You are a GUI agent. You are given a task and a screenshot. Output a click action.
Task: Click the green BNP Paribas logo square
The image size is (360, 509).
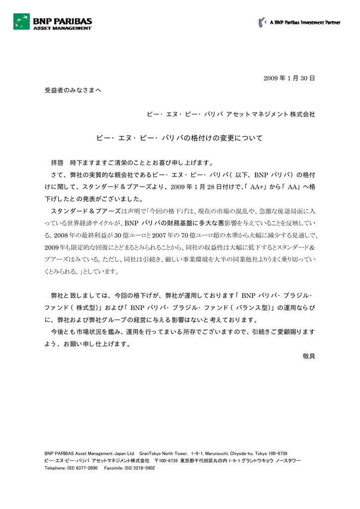point(21,21)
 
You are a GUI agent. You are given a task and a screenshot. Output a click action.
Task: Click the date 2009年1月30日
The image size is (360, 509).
point(289,79)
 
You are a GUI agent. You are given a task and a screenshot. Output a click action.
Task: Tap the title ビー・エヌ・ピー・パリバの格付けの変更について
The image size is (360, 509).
point(179,138)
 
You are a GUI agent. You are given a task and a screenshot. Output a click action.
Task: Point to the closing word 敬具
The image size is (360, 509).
point(309,356)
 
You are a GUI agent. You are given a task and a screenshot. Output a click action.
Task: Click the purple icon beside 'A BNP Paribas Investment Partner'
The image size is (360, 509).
point(262,22)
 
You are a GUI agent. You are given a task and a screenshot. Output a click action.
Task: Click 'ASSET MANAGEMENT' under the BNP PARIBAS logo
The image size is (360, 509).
point(62,28)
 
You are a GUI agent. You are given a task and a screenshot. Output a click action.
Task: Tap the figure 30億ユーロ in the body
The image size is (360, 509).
point(128,235)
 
